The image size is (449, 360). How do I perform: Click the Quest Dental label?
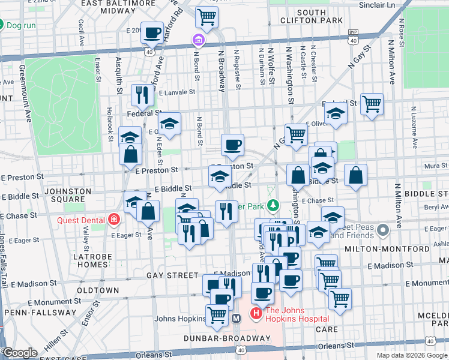coord(81,220)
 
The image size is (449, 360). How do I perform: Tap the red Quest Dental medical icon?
coord(113,220)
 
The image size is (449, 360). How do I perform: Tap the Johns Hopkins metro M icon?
coord(237,318)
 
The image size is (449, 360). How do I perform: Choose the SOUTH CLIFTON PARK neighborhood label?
coord(320,16)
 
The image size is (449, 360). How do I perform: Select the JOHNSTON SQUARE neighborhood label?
coord(67,196)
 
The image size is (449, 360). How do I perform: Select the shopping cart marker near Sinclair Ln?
coord(206,18)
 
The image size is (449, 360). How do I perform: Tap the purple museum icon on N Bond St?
coord(198,40)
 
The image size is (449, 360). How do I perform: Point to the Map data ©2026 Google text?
coord(412,355)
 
